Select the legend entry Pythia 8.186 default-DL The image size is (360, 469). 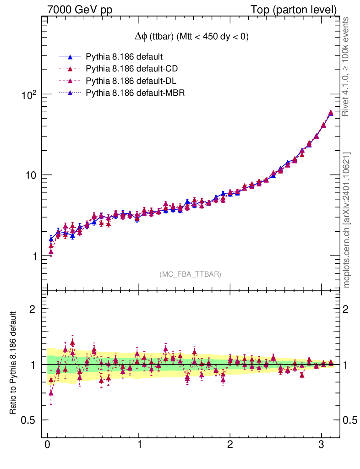[131, 82]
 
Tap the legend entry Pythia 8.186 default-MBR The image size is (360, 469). [135, 94]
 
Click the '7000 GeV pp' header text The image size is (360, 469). [73, 10]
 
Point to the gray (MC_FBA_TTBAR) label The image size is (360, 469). [190, 274]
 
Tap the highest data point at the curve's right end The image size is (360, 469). [331, 113]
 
